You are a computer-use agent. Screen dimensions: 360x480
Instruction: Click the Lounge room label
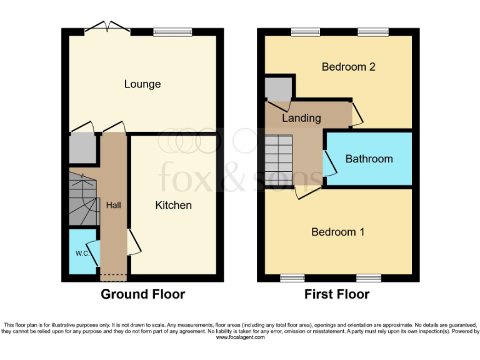(142, 84)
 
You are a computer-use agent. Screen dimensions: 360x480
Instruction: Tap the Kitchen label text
(173, 205)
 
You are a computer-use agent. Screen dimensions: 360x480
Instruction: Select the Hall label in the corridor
(114, 206)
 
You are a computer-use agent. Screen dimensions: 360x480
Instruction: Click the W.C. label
(82, 254)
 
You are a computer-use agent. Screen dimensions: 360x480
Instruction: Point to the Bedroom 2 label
(348, 67)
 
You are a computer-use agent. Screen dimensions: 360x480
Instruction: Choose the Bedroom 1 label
(338, 232)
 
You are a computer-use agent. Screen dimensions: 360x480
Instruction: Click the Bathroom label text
(369, 159)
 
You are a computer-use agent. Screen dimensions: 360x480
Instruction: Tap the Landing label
(301, 117)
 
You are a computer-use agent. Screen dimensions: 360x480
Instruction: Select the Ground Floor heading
(143, 294)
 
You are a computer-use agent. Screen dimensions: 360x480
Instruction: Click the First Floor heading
(337, 294)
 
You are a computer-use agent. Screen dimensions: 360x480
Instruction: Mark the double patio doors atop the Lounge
(107, 27)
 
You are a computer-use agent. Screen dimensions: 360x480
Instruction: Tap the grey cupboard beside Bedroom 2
(276, 89)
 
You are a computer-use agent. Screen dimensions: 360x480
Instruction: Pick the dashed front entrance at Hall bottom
(114, 275)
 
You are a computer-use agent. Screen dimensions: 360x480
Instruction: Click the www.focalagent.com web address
(240, 337)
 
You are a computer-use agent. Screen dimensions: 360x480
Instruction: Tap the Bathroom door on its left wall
(328, 164)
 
